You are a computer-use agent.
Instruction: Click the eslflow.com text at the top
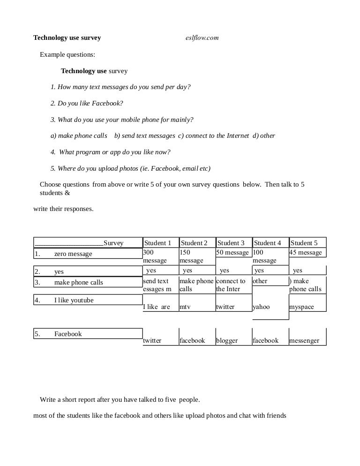(x=202, y=38)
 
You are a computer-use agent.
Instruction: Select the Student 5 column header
(x=304, y=243)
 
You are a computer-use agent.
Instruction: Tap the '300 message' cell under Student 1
(x=155, y=256)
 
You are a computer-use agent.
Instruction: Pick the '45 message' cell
(x=306, y=253)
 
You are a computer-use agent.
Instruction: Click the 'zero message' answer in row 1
(x=73, y=254)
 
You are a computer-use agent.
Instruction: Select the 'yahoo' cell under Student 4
(x=262, y=307)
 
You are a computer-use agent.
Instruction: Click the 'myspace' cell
(x=301, y=307)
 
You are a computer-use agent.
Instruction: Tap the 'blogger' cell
(x=227, y=341)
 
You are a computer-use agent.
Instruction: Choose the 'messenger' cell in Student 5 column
(x=304, y=341)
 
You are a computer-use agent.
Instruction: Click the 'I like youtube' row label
(x=74, y=300)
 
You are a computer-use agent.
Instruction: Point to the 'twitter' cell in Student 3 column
(x=225, y=307)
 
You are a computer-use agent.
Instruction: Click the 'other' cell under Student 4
(x=260, y=281)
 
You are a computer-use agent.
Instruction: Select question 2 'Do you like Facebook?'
(x=87, y=104)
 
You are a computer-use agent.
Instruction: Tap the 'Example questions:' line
(x=67, y=54)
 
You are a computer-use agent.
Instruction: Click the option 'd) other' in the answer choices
(x=264, y=136)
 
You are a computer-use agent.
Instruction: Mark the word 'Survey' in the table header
(x=113, y=243)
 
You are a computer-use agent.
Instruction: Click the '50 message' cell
(x=232, y=253)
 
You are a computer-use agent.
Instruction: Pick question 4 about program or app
(x=111, y=152)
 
